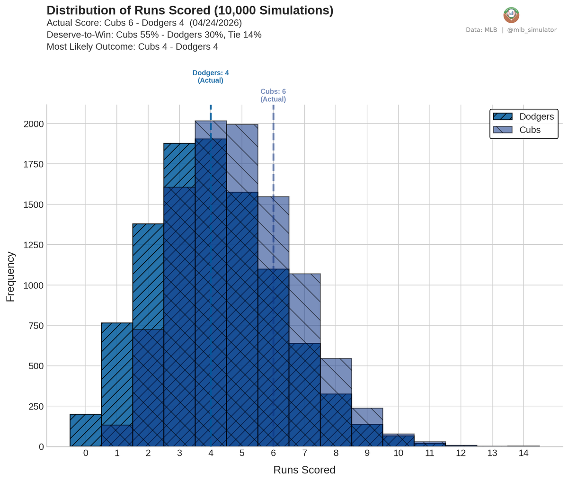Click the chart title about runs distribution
pos(190,11)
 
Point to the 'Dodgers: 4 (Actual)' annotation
pos(211,77)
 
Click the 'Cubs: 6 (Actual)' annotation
pos(273,96)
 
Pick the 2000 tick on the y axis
pos(34,124)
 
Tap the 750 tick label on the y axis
pos(36,326)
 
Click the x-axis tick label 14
pos(523,453)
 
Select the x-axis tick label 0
pos(86,453)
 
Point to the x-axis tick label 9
pos(367,453)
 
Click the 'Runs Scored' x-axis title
pos(304,470)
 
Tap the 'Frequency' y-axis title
pos(10,276)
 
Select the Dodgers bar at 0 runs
pos(86,430)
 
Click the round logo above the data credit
pos(511,15)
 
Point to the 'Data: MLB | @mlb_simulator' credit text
pos(511,30)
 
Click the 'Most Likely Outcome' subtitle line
pos(132,47)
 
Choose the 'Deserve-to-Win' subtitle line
pos(154,35)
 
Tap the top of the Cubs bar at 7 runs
pos(304,275)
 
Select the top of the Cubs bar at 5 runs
pos(242,125)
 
